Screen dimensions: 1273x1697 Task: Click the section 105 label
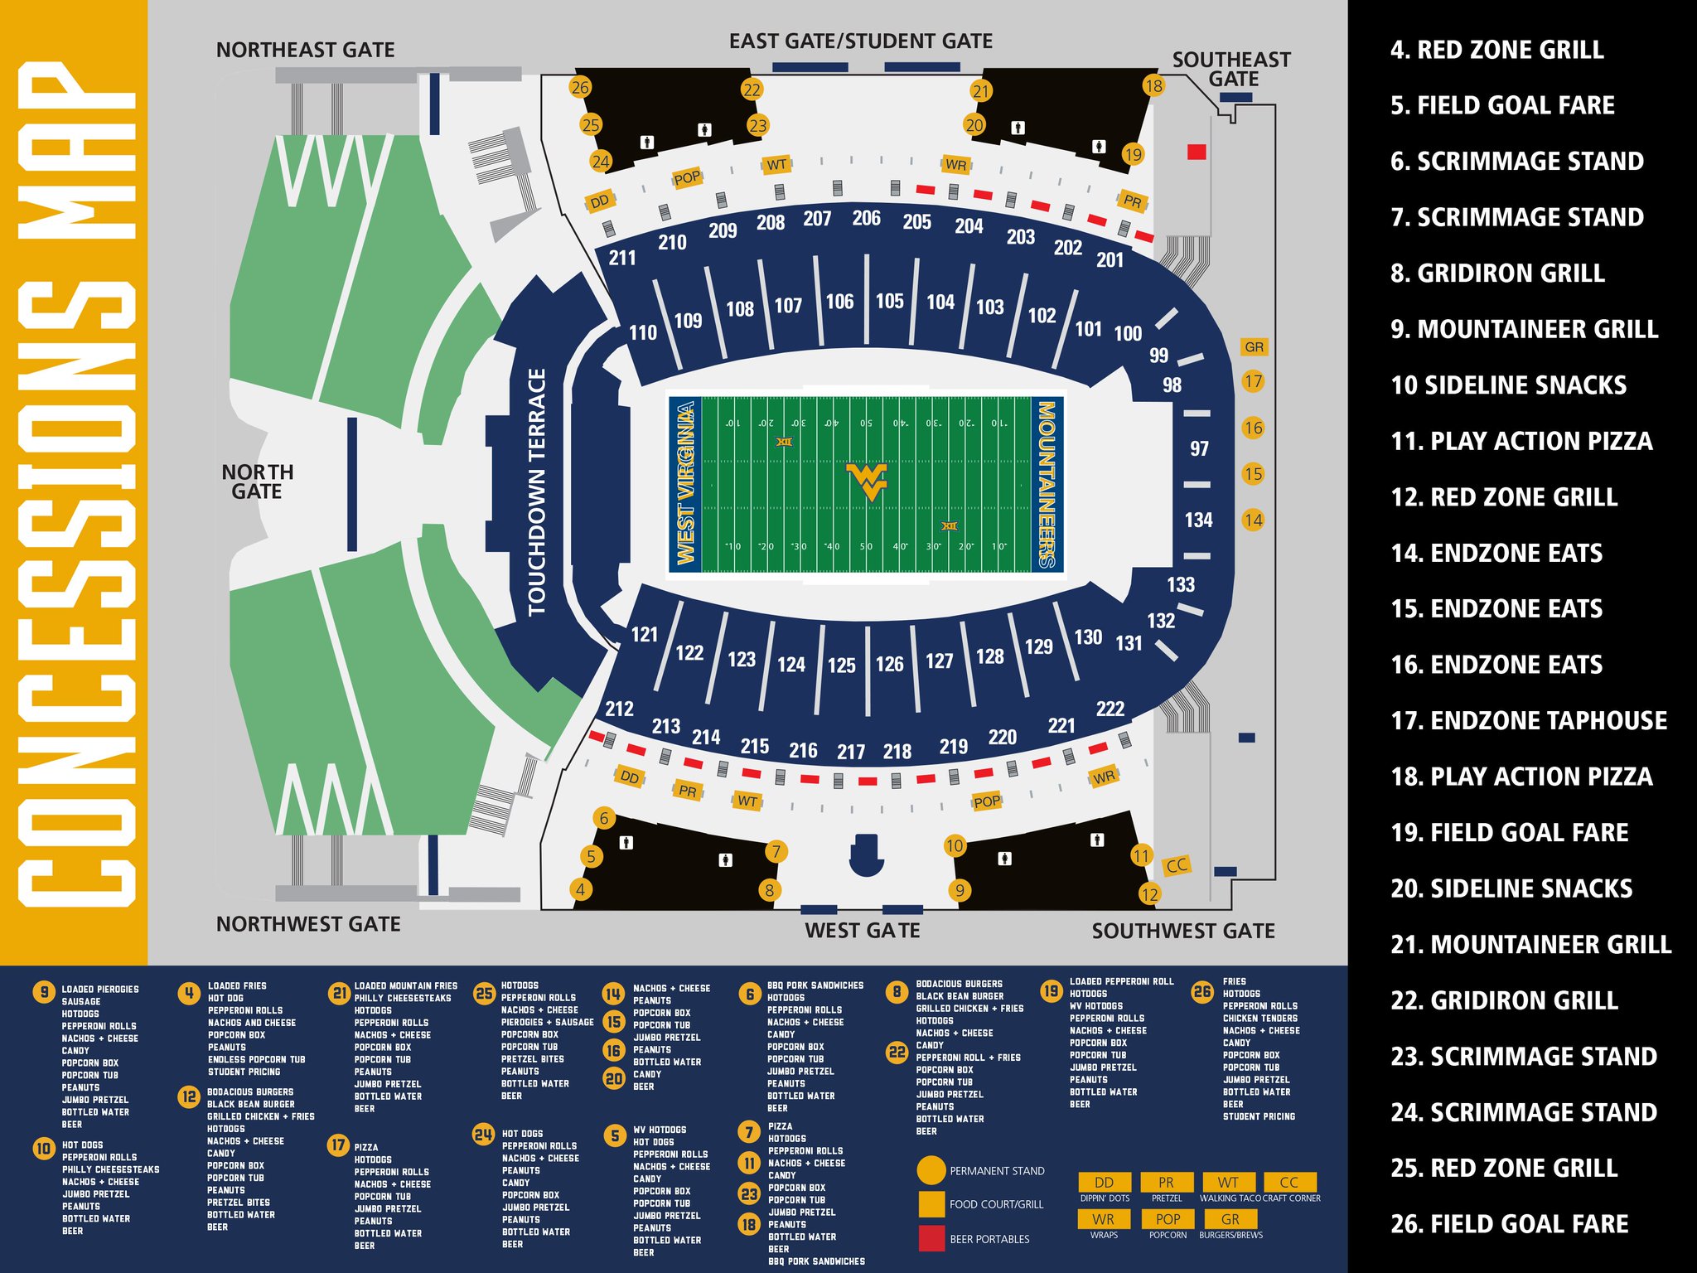coord(890,301)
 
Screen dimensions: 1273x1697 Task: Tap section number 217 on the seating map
coord(851,752)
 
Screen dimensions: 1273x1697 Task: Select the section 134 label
coord(1198,520)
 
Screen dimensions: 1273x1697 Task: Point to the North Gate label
coord(257,482)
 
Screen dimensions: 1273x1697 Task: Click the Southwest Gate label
coord(1182,931)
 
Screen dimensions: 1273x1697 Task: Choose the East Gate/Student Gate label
coord(860,41)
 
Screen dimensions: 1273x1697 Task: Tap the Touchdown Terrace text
coord(537,492)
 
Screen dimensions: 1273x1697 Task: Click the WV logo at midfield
coord(867,482)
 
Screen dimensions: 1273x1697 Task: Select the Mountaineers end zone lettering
coord(1046,485)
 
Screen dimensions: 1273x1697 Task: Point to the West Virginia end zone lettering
coord(685,484)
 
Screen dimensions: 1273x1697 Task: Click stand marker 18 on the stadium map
coord(1153,85)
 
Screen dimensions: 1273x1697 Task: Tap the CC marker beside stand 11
coord(1177,866)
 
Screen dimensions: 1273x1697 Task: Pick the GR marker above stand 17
coord(1254,347)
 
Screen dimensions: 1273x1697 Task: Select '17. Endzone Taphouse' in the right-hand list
coord(1528,720)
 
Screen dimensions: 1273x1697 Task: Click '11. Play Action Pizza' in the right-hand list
coord(1521,441)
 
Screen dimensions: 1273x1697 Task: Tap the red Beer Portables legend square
coord(931,1238)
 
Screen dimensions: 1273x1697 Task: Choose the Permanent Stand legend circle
coord(931,1170)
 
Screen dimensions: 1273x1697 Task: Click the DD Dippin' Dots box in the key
coord(1104,1182)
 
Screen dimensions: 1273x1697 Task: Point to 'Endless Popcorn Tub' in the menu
coord(256,1059)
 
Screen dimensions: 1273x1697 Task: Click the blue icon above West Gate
coord(866,855)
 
